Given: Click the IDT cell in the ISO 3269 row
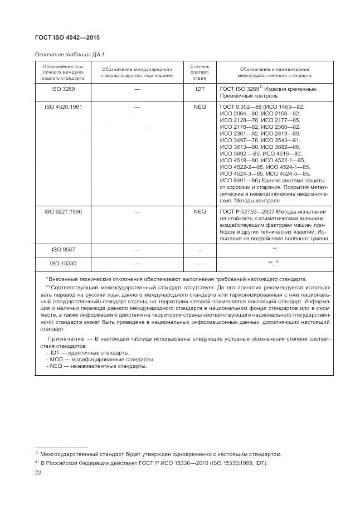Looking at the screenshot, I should (200, 89).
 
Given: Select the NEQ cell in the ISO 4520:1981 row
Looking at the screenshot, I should (200, 106).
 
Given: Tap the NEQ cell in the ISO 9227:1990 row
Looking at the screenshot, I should (200, 212).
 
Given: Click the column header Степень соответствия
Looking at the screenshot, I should (200, 72).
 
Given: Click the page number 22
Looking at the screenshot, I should (38, 473).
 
